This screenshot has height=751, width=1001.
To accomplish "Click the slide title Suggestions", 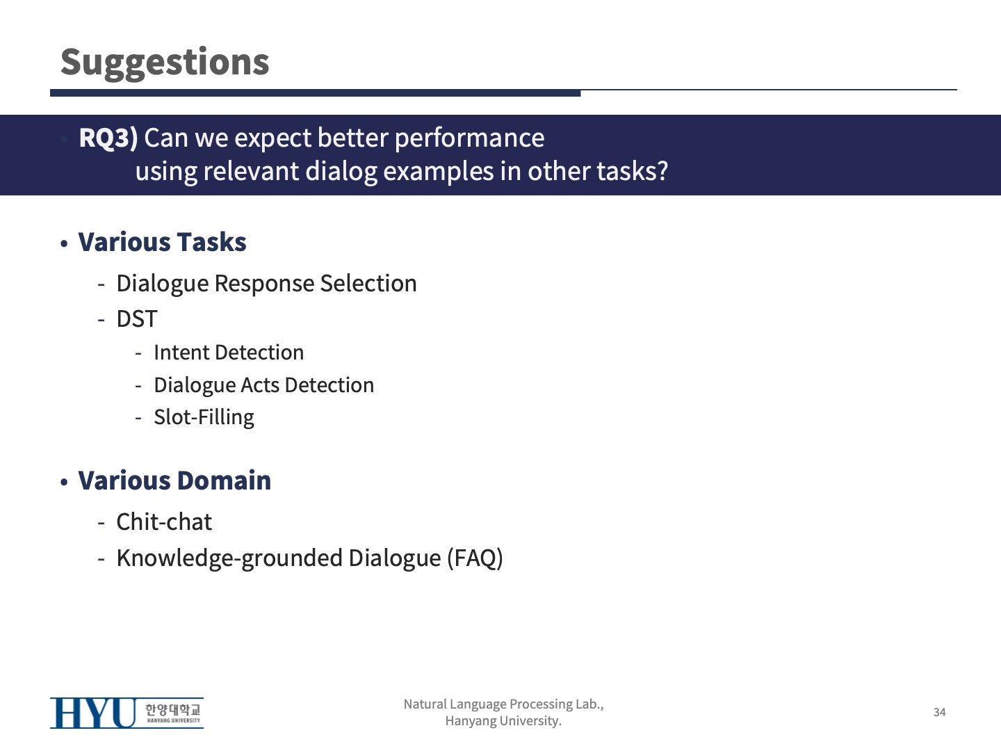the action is [165, 63].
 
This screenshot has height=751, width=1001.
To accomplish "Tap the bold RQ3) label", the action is [108, 138].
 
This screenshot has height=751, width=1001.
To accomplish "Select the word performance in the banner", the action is [469, 139].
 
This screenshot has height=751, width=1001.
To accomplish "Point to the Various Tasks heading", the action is [163, 242].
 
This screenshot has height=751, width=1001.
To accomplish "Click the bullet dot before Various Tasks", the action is [64, 244].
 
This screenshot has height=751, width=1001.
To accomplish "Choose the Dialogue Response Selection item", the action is [267, 284].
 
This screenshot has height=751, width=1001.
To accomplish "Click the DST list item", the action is [137, 318].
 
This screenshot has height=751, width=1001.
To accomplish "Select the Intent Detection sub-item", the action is [229, 353].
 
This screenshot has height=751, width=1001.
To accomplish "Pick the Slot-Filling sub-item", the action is [204, 418].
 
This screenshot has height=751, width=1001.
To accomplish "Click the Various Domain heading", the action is [174, 481].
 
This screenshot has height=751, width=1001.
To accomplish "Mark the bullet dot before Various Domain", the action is [64, 483].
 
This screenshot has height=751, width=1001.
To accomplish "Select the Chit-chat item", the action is [164, 522].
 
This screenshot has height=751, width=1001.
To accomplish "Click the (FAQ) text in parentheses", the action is [475, 558].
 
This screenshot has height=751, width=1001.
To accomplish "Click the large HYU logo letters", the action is [93, 713].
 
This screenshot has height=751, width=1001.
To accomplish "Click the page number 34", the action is [939, 712].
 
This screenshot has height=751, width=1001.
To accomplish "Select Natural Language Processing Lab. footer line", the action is [503, 704].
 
